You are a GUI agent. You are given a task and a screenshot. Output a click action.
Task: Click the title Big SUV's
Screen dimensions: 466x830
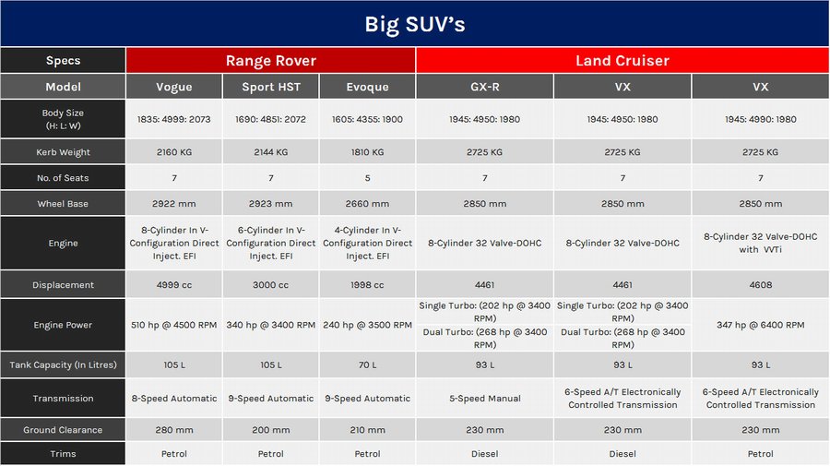[414, 24]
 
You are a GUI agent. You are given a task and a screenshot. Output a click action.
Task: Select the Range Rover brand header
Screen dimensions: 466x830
[270, 61]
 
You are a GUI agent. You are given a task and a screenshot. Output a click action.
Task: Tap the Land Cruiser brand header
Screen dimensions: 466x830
[622, 61]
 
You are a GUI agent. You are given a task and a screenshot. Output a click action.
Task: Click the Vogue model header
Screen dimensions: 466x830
[173, 87]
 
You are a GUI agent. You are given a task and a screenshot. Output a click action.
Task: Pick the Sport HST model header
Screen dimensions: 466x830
[270, 87]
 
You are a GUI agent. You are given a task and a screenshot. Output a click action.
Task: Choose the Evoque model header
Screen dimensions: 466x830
[367, 87]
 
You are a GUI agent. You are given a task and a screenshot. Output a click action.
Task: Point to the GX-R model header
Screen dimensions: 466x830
[484, 87]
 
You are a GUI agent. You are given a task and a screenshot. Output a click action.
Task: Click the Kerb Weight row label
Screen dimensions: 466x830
[63, 152]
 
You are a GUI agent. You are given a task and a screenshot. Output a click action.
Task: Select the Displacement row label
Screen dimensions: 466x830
[63, 285]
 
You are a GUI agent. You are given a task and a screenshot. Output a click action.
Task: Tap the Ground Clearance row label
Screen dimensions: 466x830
[63, 430]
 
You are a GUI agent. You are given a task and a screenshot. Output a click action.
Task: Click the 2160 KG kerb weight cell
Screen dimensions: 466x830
[173, 152]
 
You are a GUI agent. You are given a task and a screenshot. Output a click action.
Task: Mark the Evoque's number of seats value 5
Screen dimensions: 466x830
[367, 178]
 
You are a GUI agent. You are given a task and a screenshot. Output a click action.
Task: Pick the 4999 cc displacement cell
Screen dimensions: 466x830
[173, 285]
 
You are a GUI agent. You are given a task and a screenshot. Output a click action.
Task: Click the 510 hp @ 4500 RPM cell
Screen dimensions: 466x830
[173, 325]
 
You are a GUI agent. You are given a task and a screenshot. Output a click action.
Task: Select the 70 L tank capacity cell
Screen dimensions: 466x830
[367, 365]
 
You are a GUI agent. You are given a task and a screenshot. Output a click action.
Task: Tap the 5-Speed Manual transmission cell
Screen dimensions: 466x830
[484, 399]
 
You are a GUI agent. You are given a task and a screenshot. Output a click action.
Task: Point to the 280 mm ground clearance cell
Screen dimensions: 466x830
[173, 430]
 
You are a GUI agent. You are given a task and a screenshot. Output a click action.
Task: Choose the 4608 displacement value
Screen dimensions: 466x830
[760, 285]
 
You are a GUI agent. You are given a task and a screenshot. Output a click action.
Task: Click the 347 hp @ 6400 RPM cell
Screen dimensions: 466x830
[760, 325]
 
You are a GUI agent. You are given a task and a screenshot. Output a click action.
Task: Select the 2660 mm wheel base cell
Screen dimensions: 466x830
[367, 204]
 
